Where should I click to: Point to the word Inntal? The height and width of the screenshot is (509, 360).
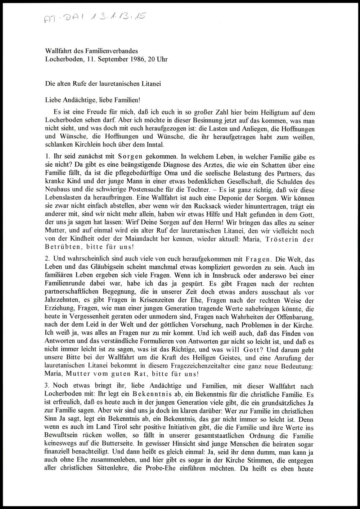154,145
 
